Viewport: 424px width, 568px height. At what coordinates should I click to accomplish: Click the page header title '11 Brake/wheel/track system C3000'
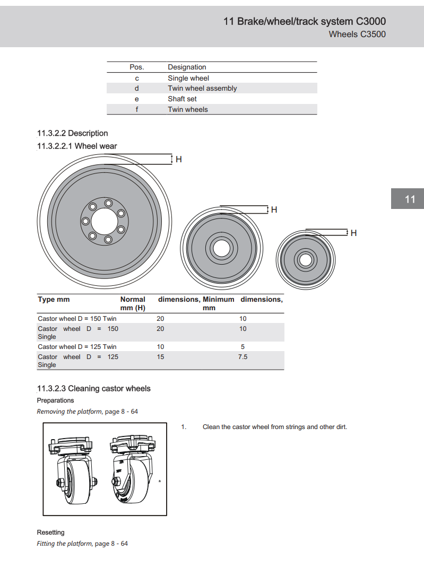tap(305, 21)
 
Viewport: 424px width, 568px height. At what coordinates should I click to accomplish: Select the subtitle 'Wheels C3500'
tap(357, 34)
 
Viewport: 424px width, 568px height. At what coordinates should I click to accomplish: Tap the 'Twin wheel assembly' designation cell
tap(202, 89)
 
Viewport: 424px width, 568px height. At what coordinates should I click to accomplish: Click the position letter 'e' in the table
tap(136, 99)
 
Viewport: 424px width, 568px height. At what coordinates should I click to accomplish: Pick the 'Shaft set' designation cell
tap(182, 99)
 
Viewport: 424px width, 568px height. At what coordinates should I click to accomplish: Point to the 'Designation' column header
tap(187, 67)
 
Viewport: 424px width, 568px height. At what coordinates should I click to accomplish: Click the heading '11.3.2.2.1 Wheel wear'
tap(77, 146)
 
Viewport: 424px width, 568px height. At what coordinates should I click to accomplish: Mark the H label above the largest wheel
tap(179, 159)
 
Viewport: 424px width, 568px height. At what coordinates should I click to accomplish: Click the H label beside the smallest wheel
tap(353, 233)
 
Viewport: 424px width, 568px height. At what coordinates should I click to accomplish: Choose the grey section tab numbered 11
tap(410, 199)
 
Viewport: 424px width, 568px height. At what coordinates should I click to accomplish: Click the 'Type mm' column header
tap(54, 300)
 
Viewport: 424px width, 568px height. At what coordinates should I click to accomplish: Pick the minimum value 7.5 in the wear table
tap(243, 357)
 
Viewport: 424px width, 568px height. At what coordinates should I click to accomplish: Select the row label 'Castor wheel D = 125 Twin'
tap(77, 347)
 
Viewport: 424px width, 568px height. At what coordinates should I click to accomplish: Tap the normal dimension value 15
tap(160, 357)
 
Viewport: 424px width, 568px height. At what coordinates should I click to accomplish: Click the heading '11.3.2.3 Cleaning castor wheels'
tap(93, 389)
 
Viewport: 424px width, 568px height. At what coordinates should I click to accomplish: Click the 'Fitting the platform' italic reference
tap(64, 544)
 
